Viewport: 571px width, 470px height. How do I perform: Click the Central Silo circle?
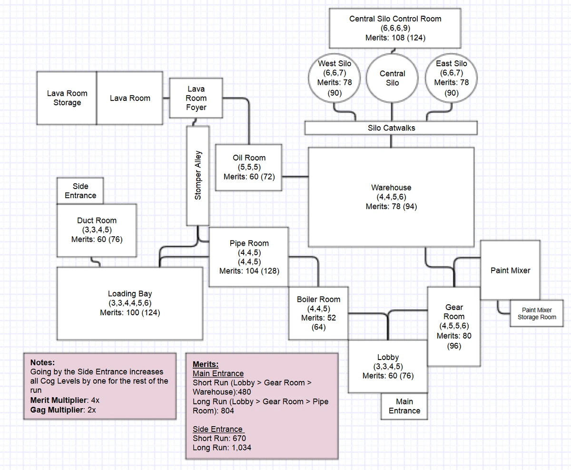(x=392, y=78)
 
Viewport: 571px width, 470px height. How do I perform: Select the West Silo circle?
(x=335, y=78)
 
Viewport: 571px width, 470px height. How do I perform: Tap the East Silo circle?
(x=451, y=78)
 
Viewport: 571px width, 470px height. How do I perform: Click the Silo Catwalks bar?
(x=391, y=128)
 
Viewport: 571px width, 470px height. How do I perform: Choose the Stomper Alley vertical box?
(x=198, y=175)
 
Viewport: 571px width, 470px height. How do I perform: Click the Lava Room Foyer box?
(x=196, y=98)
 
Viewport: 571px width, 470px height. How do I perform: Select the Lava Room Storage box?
(x=67, y=98)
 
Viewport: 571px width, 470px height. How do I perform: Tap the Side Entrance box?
(x=80, y=190)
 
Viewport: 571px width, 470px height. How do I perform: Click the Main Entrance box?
(x=404, y=406)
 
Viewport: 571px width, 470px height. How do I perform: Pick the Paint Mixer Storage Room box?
(x=536, y=313)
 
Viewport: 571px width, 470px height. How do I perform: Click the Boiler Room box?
(x=318, y=313)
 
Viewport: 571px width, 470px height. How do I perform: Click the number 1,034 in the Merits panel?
(x=241, y=448)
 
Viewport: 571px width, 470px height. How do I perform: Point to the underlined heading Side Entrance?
(x=217, y=429)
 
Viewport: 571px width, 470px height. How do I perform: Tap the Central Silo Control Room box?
(x=395, y=29)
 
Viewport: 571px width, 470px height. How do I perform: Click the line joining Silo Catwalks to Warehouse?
(x=391, y=141)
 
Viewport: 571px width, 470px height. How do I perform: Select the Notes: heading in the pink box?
(x=42, y=362)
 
